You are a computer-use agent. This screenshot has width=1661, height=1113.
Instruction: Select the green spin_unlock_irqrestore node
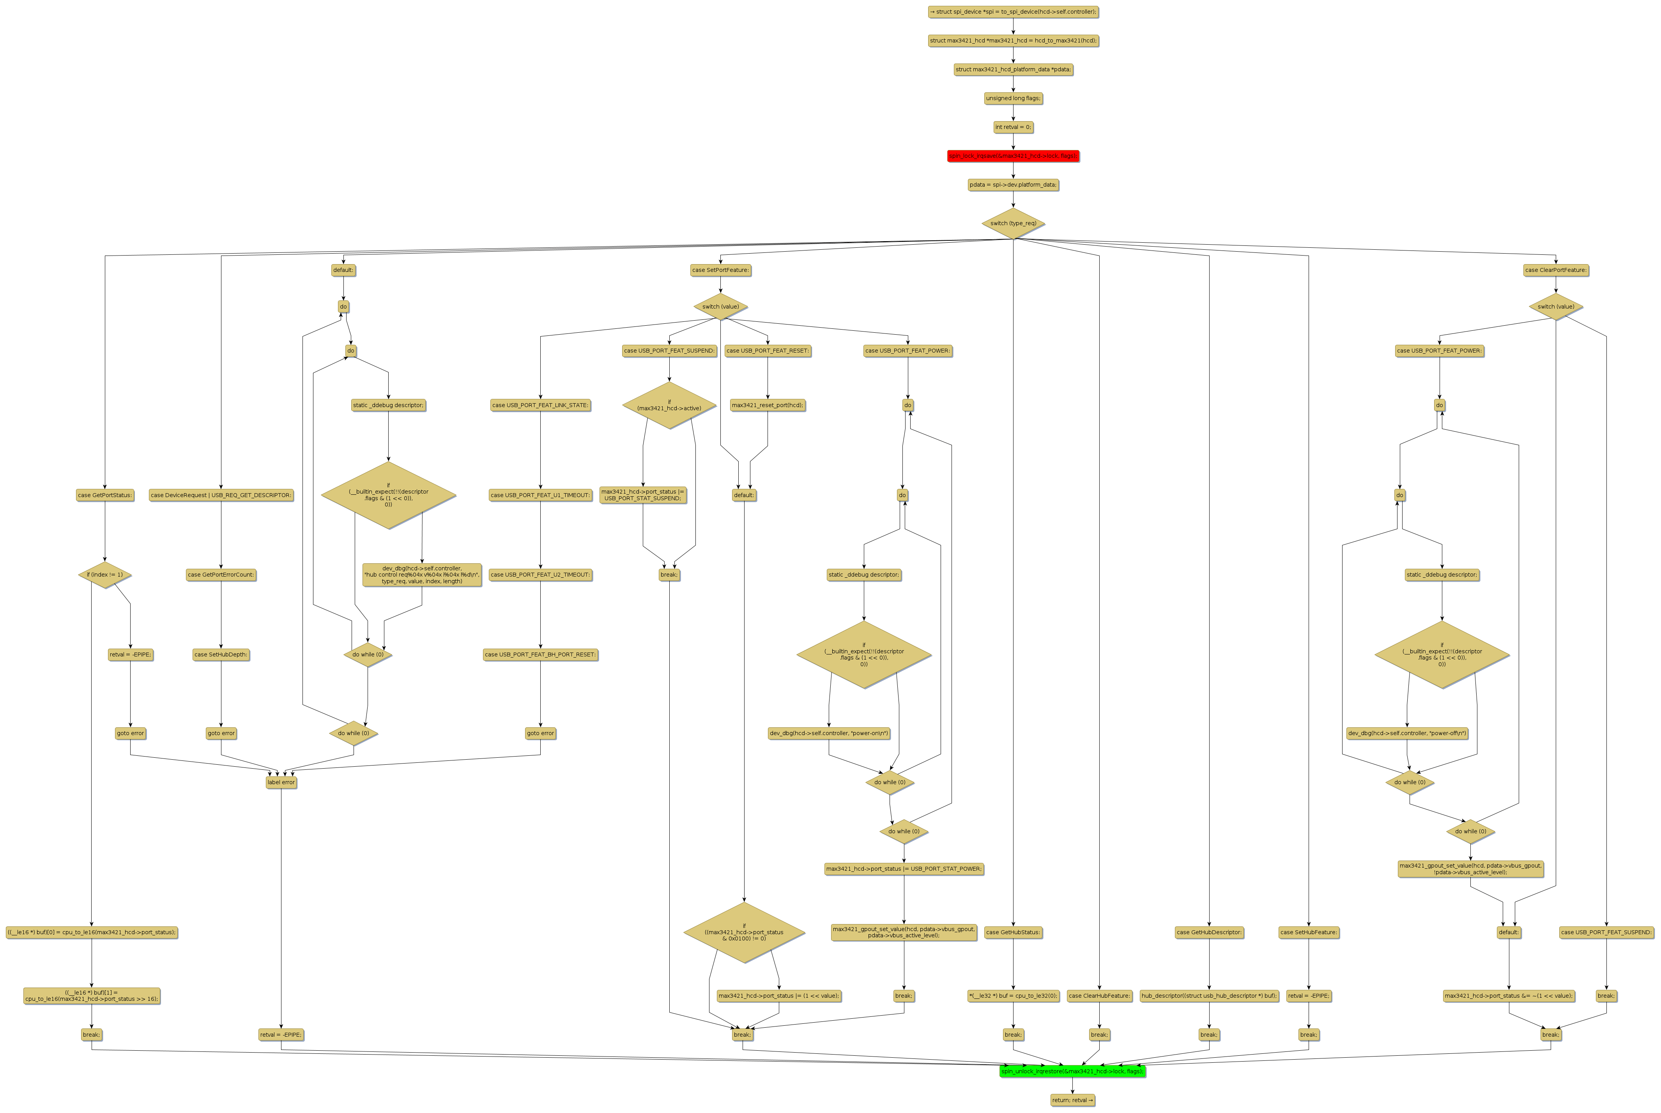tap(1072, 1071)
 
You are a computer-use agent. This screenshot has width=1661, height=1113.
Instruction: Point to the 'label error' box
tap(281, 782)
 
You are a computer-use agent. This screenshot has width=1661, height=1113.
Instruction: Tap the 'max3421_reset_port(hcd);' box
tap(768, 405)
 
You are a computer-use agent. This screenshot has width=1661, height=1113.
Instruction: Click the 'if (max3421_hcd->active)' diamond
tap(669, 405)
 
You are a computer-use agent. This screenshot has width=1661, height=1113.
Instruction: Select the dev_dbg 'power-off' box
tap(1408, 733)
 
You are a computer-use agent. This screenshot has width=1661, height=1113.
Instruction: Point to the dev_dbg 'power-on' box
tap(829, 733)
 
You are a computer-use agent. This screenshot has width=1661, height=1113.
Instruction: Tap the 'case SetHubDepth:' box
tap(221, 654)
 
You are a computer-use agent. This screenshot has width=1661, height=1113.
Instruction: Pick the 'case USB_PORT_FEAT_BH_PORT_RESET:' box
tap(540, 654)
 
